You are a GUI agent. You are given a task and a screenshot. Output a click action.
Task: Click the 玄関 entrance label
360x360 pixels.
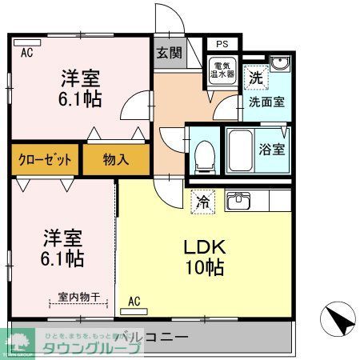[x=168, y=54]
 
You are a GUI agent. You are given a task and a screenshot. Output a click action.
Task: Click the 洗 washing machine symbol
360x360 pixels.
[x=254, y=78]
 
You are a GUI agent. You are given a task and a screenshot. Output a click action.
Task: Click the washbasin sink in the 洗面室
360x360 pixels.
[x=278, y=66]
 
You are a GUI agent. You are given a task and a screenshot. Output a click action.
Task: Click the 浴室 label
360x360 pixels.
[x=270, y=149]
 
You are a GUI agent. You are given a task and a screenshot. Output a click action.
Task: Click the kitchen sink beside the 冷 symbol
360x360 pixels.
[x=238, y=202]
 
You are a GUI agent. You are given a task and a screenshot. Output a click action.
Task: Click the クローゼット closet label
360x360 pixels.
[x=45, y=159]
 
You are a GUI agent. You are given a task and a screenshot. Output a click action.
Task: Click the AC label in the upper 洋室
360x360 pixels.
[x=26, y=53]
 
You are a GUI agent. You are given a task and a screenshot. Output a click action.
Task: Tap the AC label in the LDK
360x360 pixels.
[x=134, y=302]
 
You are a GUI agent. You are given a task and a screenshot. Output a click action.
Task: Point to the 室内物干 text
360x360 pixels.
[x=78, y=298]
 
